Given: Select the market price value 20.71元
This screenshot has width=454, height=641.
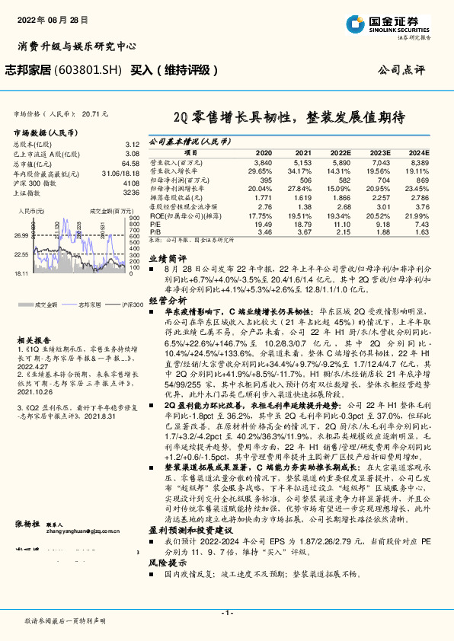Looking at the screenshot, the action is pyautogui.click(x=95, y=113).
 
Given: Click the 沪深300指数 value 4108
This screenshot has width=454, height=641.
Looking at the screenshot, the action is pyautogui.click(x=132, y=183).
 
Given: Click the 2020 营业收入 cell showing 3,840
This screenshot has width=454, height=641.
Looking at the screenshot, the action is pyautogui.click(x=263, y=163).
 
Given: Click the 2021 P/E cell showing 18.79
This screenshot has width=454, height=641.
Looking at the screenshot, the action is pyautogui.click(x=302, y=225).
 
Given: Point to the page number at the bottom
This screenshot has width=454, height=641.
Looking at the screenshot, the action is pyautogui.click(x=226, y=612).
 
